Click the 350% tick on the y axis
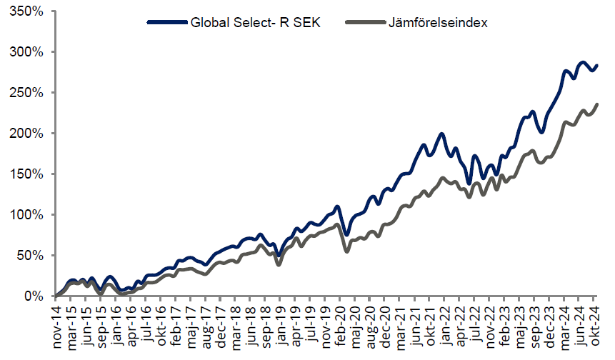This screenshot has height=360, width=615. click(28, 12)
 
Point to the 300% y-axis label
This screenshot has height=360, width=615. click(28, 53)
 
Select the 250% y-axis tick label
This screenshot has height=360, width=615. click(28, 94)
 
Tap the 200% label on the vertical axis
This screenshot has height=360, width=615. click(28, 134)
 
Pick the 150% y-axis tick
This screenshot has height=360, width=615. click(28, 174)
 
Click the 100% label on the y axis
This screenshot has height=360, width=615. click(28, 215)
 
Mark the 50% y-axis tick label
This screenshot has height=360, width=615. click(31, 256)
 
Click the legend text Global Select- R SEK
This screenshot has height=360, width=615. click(255, 23)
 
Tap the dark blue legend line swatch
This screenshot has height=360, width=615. click(166, 23)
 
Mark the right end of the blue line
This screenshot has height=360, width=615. click(597, 65)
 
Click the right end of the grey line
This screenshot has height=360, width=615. click(597, 104)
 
